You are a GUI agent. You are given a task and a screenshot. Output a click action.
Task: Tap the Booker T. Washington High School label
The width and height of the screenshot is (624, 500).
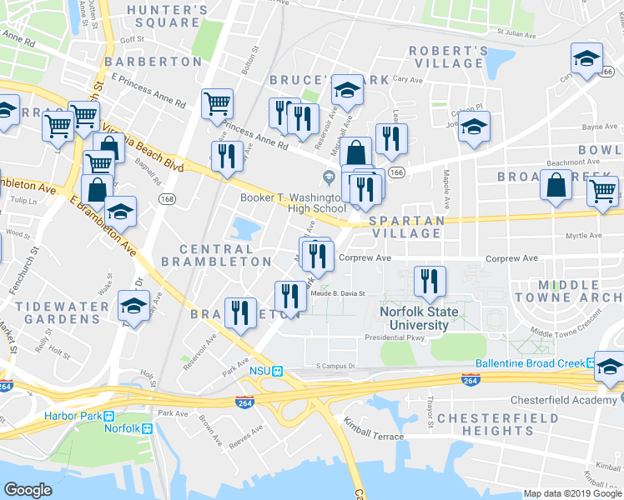click(x=293, y=202)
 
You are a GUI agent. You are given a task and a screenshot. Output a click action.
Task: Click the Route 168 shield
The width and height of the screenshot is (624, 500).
click(x=169, y=199)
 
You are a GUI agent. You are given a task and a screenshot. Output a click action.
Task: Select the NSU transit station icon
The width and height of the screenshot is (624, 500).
click(x=279, y=370)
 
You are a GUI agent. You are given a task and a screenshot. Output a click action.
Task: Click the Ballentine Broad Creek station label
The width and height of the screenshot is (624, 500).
click(x=530, y=363)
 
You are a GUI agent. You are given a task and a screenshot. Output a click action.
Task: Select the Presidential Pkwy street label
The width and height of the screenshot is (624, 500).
click(x=395, y=338)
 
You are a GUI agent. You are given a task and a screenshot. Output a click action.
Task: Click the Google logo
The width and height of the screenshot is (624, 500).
click(x=28, y=491)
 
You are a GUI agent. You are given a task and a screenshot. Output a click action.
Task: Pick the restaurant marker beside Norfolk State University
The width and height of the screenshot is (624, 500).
click(x=429, y=282)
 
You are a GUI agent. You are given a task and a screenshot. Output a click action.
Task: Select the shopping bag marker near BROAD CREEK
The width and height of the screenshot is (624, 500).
click(x=556, y=185)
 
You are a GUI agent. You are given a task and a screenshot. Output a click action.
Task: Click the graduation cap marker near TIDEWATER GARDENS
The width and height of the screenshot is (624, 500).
click(x=133, y=306)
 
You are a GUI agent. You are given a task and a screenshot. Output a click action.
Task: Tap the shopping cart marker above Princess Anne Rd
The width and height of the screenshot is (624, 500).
click(x=217, y=103)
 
